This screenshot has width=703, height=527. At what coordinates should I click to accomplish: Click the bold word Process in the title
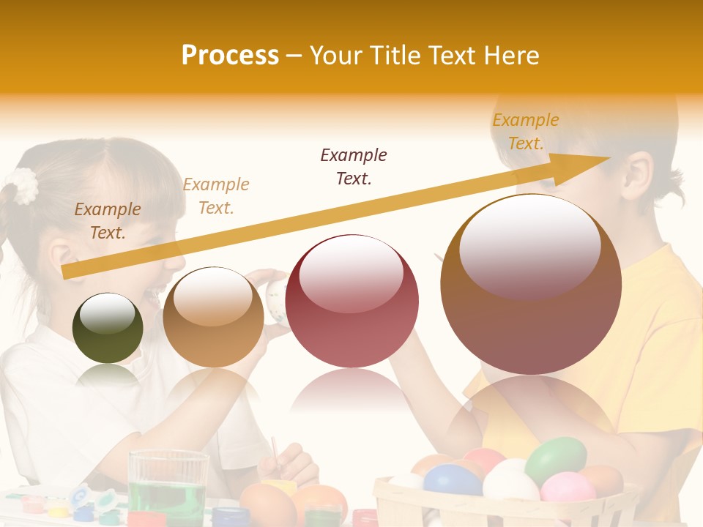pos(230,55)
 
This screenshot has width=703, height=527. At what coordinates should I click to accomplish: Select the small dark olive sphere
pos(108,328)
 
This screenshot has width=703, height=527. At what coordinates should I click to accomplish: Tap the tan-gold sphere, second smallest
pos(213,317)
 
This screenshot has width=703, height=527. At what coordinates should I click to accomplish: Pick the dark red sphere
pos(351,301)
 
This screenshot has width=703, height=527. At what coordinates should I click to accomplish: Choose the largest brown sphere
pos(531,284)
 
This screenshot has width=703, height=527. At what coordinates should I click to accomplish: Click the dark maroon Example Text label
pos(354,166)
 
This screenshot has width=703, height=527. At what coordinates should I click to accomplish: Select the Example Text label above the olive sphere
pos(108,220)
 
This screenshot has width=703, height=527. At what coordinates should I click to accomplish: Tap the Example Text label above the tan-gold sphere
pos(216,195)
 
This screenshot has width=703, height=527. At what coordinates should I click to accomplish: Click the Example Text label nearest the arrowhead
pos(526,131)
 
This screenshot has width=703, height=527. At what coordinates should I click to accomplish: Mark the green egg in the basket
pos(556,459)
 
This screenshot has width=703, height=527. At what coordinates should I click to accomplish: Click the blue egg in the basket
pos(453,480)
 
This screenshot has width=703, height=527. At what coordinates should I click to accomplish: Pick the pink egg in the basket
pos(568,487)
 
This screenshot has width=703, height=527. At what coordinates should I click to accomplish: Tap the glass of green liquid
pos(168,488)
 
